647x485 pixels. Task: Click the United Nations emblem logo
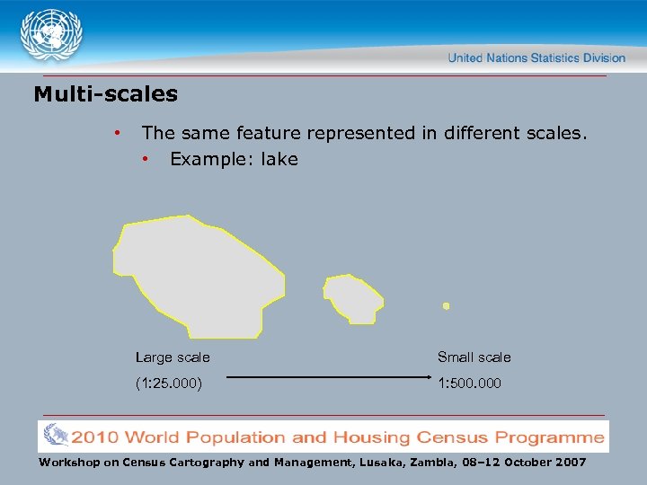click(x=52, y=37)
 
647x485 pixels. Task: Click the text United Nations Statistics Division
click(x=536, y=57)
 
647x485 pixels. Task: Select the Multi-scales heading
click(x=105, y=94)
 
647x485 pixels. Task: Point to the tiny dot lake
click(x=446, y=306)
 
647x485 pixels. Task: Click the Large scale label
click(x=173, y=357)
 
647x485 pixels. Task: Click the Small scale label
click(x=474, y=357)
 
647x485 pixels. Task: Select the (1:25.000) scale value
click(x=168, y=384)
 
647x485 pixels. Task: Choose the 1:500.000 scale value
click(x=469, y=384)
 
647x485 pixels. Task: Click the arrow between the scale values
click(x=323, y=378)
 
